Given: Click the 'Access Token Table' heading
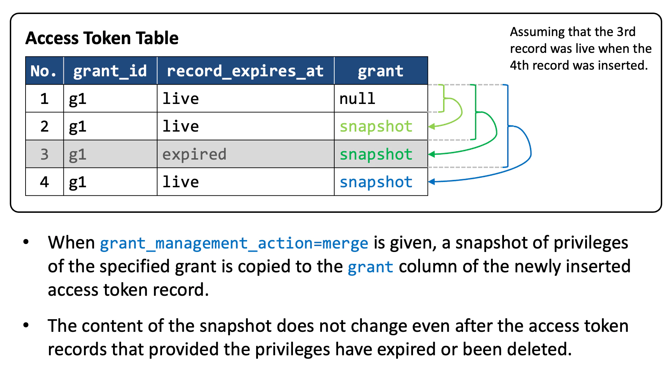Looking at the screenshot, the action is (x=102, y=38).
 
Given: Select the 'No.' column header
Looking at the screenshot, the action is (x=44, y=71).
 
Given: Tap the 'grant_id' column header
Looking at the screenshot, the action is (x=110, y=71).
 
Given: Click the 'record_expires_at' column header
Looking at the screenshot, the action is (x=245, y=71).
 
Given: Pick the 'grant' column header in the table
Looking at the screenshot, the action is (x=380, y=71).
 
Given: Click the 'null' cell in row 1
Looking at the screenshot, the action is (x=357, y=98).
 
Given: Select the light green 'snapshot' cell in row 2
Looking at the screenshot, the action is (x=376, y=126).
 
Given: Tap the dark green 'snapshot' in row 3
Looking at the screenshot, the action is (x=376, y=154).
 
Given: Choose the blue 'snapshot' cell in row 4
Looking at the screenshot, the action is (x=376, y=182).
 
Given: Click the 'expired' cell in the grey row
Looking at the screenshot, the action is (x=194, y=154).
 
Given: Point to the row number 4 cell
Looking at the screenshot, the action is (x=44, y=182).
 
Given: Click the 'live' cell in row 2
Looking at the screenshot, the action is (x=181, y=126).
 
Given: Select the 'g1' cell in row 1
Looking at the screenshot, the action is (x=77, y=99).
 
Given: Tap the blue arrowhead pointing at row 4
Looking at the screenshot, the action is (x=432, y=181).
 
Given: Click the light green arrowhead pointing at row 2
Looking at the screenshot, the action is (x=432, y=126).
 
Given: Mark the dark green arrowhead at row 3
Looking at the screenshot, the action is (x=432, y=154).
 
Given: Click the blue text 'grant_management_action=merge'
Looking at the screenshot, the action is (x=234, y=243).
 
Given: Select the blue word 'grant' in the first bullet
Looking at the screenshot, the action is (x=370, y=267).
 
